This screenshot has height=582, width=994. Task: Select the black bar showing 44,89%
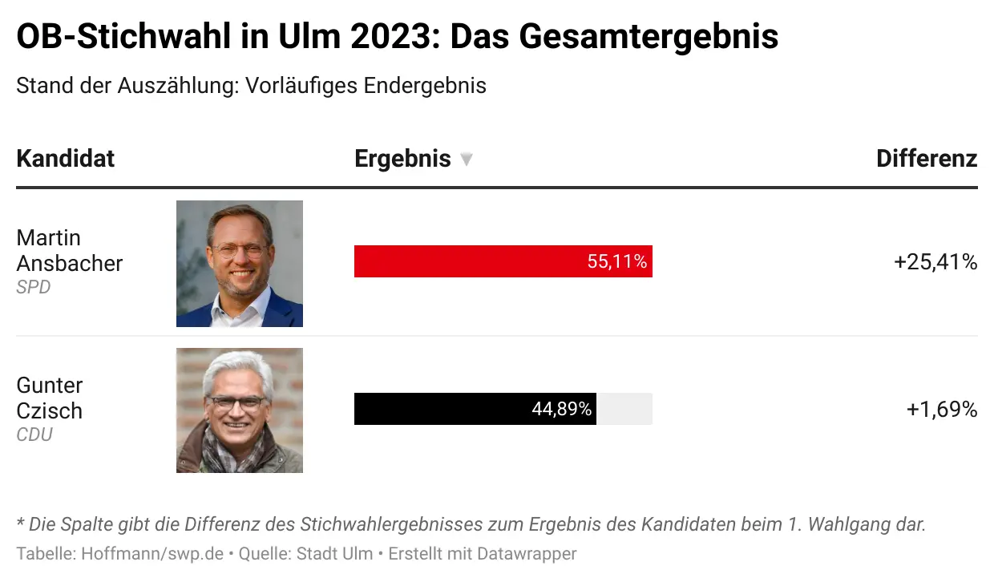pyautogui.click(x=441, y=409)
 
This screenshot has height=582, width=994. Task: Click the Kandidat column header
pyautogui.click(x=66, y=159)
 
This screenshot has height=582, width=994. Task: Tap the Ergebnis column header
pyautogui.click(x=402, y=159)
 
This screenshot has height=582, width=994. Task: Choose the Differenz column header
pyautogui.click(x=927, y=159)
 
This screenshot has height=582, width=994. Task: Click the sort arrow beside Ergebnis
pyautogui.click(x=467, y=160)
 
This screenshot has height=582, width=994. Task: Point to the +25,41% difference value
pyautogui.click(x=935, y=262)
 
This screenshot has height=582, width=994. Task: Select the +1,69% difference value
pyautogui.click(x=942, y=410)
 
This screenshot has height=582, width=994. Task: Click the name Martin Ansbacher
pyautogui.click(x=69, y=250)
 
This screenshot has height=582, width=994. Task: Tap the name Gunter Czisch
pyautogui.click(x=50, y=398)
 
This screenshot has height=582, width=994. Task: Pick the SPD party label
pyautogui.click(x=34, y=287)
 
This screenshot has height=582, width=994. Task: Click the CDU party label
pyautogui.click(x=34, y=434)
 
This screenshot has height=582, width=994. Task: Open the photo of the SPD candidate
pyautogui.click(x=240, y=264)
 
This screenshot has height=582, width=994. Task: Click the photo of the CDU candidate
pyautogui.click(x=240, y=410)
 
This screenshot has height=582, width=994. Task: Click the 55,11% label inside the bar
pyautogui.click(x=616, y=262)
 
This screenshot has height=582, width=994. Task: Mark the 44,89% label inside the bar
pyautogui.click(x=561, y=410)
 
